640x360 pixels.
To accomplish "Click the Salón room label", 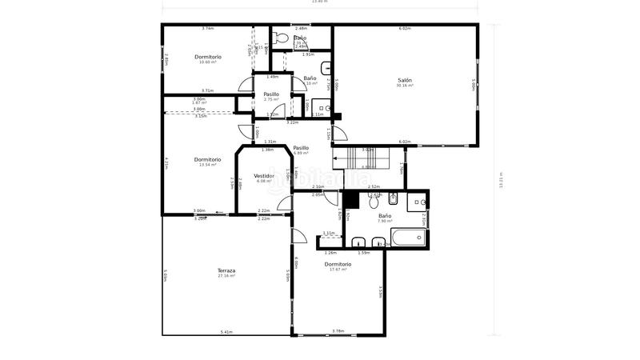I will (x=405, y=80).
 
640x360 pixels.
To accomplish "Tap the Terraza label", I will (x=226, y=270).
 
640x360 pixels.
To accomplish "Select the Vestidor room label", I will (x=264, y=175).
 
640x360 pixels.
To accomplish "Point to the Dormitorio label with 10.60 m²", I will (x=208, y=57).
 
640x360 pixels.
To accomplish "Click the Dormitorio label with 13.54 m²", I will (x=208, y=159).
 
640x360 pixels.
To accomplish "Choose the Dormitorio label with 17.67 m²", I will (x=338, y=264).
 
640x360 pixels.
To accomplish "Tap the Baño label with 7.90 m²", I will (x=385, y=216).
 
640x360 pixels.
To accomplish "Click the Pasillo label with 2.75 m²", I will (x=271, y=94).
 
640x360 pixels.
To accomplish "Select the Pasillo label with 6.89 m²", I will (x=301, y=147).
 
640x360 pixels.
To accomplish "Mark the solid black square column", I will (x=350, y=199).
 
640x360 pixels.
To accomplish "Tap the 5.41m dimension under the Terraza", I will (x=226, y=331).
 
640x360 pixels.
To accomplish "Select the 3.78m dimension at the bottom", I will (x=338, y=330).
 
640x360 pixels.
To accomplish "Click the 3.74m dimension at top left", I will (x=207, y=28).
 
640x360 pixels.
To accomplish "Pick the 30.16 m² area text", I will (x=405, y=86).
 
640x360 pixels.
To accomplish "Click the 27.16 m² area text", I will (x=226, y=276).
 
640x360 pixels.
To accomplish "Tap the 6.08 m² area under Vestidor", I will (x=264, y=181).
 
